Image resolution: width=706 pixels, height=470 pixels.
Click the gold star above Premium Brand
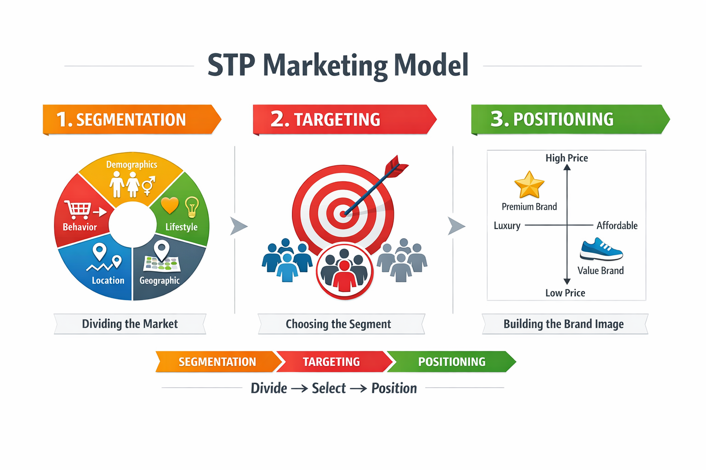click(529, 185)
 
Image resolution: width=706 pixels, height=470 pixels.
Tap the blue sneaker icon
click(601, 249)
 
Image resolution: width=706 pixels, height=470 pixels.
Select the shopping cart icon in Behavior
click(78, 209)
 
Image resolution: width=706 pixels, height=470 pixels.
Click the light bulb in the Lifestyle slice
click(192, 207)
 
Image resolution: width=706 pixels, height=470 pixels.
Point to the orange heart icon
click(170, 206)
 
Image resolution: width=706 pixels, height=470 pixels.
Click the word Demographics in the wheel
click(132, 165)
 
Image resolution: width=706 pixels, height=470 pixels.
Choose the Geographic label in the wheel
click(159, 280)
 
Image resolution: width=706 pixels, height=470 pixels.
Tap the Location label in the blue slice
click(108, 280)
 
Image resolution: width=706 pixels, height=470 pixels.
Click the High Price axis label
click(567, 158)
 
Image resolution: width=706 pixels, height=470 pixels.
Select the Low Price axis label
click(565, 293)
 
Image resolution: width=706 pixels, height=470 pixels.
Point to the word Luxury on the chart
click(507, 226)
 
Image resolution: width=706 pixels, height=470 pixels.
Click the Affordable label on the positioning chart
click(617, 225)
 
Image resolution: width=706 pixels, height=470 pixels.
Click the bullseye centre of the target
click(343, 214)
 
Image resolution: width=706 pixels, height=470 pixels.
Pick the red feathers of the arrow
click(397, 166)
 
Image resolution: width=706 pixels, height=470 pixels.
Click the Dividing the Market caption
click(130, 324)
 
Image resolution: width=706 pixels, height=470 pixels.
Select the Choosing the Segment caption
click(338, 324)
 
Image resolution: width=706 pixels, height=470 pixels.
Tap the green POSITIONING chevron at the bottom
click(452, 362)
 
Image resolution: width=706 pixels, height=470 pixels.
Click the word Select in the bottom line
click(329, 388)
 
